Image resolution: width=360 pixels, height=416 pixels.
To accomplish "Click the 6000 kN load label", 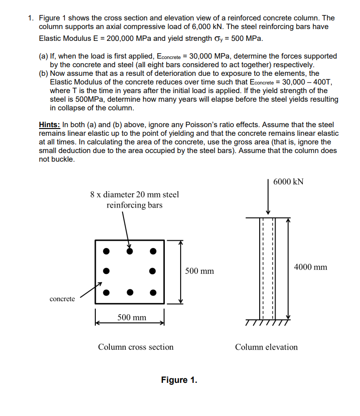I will (x=289, y=182).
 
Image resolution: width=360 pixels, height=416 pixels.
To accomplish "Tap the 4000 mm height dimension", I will (x=311, y=267).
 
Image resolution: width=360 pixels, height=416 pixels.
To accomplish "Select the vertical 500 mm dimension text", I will (x=200, y=271).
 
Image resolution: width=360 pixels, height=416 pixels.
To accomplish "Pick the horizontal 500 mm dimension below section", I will (x=132, y=317).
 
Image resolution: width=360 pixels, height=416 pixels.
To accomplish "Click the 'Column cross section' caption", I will (x=136, y=347).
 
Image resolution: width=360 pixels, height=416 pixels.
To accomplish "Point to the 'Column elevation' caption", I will (x=266, y=347).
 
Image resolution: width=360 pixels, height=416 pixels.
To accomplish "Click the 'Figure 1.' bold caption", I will (x=179, y=380).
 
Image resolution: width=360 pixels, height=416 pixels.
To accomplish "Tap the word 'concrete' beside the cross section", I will (x=63, y=299).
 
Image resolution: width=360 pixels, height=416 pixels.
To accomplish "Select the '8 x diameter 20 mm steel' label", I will (x=134, y=194).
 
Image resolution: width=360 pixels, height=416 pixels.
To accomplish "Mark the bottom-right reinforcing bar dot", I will (x=153, y=292).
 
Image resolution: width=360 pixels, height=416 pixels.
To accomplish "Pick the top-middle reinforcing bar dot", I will (x=130, y=250).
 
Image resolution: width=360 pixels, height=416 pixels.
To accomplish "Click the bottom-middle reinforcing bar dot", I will (x=130, y=292).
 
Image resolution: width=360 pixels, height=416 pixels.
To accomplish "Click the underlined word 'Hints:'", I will (x=50, y=124).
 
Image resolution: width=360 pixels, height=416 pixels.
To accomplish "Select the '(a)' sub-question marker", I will (x=44, y=56).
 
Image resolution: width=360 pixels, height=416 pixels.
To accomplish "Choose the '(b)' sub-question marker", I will (x=44, y=74).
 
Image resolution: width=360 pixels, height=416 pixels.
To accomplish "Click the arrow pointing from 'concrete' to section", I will (x=90, y=290).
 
